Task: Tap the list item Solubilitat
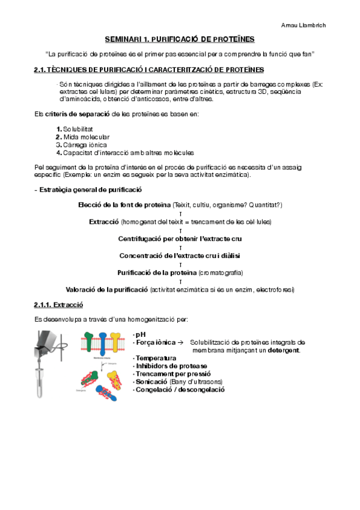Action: click(78, 129)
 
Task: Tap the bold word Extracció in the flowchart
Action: click(104, 222)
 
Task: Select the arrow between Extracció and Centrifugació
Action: click(180, 230)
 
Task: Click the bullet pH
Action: click(141, 334)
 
